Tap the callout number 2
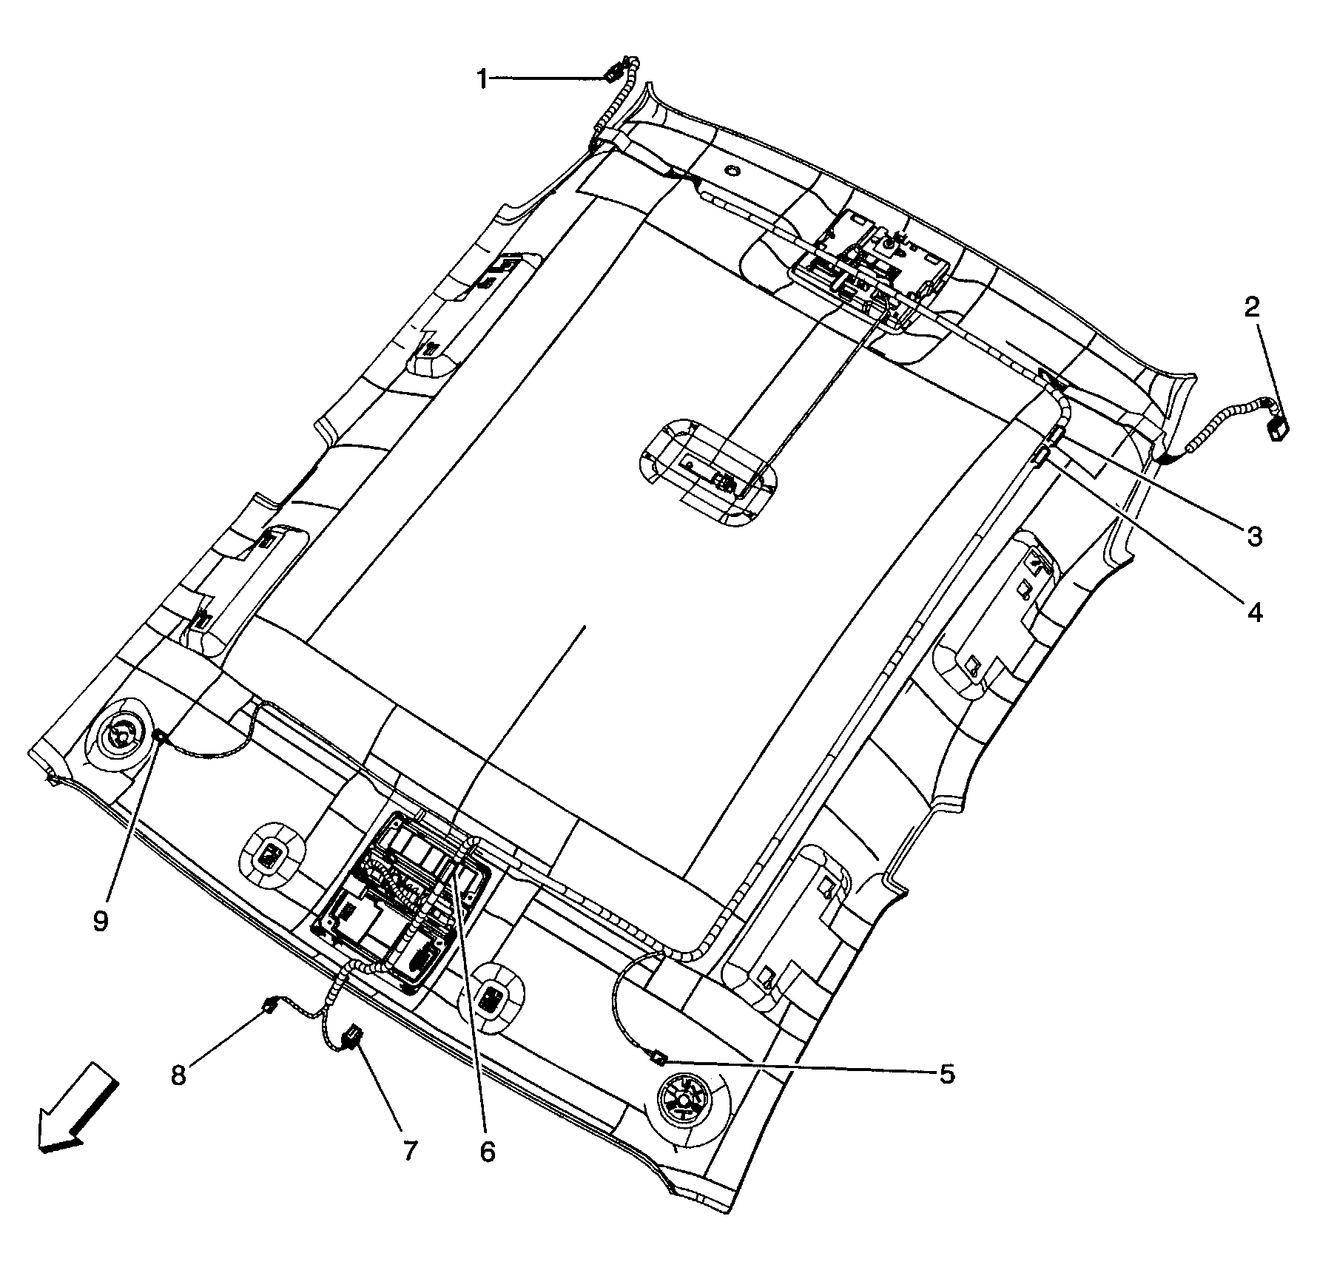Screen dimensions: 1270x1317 [x=1251, y=307]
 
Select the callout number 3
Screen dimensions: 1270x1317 [x=1253, y=537]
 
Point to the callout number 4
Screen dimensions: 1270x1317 [x=1254, y=612]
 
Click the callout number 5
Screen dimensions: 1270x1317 [x=947, y=1074]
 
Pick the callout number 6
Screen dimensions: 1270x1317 [x=487, y=1152]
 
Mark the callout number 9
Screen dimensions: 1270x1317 [x=101, y=921]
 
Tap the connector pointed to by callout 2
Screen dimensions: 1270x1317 [x=1278, y=428]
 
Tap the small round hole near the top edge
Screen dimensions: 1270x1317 [x=731, y=172]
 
